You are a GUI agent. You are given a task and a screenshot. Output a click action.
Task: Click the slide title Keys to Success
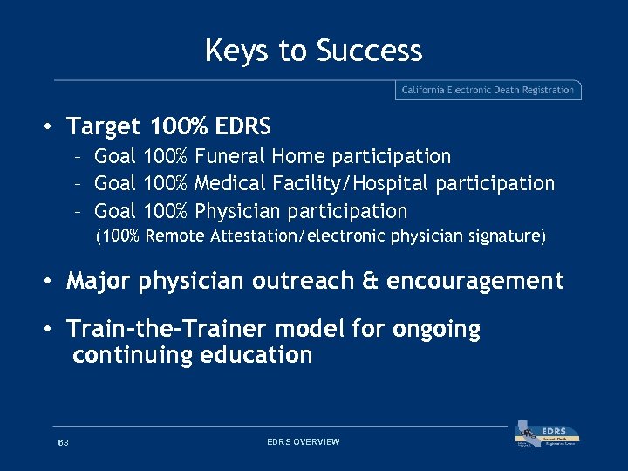pos(313,51)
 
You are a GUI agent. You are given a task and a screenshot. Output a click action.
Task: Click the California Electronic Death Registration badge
pos(488,90)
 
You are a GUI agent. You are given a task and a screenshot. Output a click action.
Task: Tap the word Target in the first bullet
pos(103,126)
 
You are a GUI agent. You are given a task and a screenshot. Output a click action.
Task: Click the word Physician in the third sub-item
pos(237,211)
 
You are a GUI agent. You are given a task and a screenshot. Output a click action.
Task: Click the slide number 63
pos(63,443)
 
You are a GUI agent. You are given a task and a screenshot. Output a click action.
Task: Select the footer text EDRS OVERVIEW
pos(303,442)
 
